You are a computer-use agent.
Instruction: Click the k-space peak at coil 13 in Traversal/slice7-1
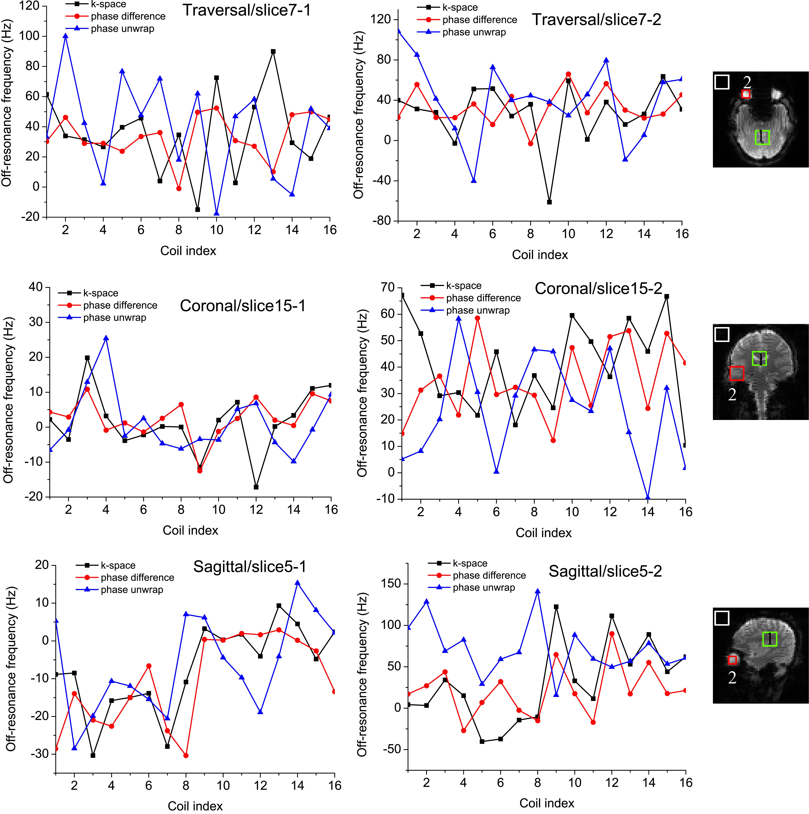pos(273,51)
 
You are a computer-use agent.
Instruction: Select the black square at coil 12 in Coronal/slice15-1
pos(256,487)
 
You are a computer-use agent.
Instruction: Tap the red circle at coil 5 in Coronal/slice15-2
pos(477,318)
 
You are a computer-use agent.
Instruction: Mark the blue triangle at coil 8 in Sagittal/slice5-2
pos(537,591)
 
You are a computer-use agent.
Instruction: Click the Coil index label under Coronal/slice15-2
pos(543,533)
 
